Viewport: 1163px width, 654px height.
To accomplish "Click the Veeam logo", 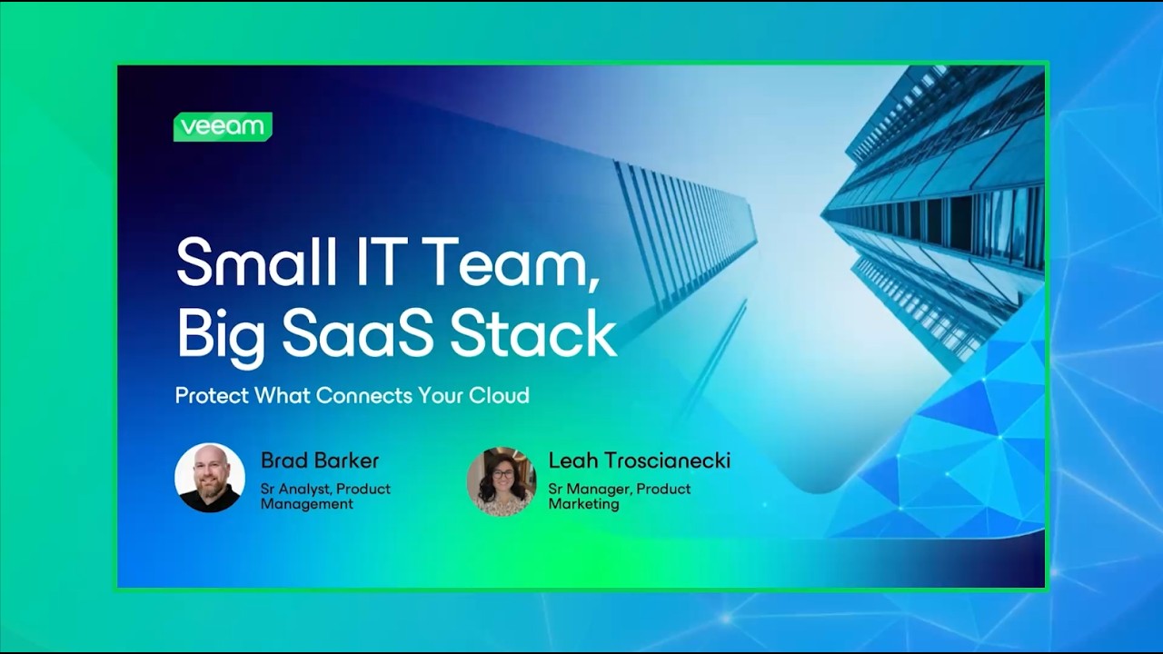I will (x=223, y=127).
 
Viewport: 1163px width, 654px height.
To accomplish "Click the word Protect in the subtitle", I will (x=211, y=396).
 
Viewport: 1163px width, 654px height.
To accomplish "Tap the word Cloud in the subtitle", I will (x=499, y=396).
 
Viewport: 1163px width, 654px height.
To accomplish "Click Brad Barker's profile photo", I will (x=210, y=478).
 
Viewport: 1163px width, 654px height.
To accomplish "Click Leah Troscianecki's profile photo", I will (x=502, y=481).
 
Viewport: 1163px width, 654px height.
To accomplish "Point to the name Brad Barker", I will (x=319, y=461).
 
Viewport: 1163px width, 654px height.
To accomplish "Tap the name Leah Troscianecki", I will (x=639, y=461).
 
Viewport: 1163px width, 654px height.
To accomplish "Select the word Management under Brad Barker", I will (x=306, y=504).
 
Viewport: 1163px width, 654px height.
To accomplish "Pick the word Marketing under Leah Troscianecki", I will (x=583, y=504).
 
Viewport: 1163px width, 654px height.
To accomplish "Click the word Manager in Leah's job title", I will (x=599, y=490).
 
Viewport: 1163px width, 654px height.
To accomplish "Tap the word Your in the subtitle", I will (x=441, y=396).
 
